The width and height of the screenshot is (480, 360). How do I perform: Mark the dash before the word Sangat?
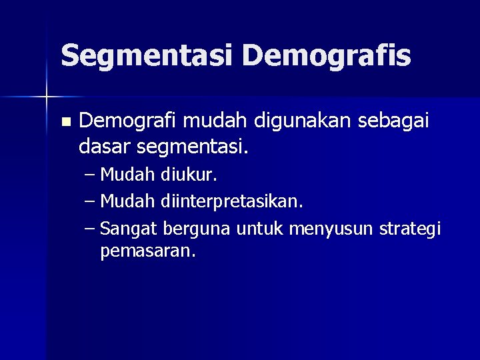click(x=91, y=229)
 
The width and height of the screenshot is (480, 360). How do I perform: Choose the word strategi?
click(x=409, y=229)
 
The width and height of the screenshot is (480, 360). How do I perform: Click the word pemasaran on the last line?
click(x=147, y=252)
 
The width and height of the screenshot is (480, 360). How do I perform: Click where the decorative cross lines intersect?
click(x=47, y=97)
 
